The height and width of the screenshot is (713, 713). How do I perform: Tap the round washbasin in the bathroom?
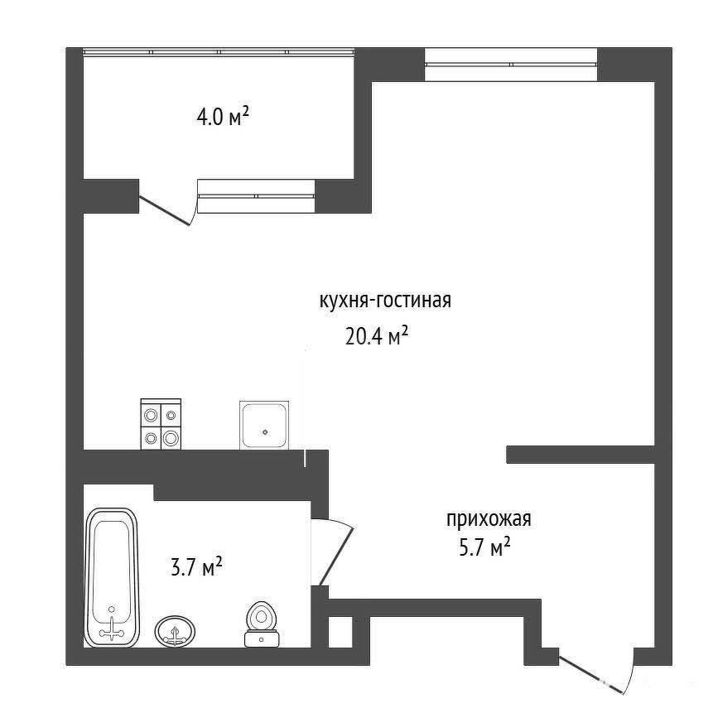pos(175,631)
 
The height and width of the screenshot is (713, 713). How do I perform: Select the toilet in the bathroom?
pos(262,624)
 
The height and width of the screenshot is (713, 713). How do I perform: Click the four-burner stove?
pos(161,424)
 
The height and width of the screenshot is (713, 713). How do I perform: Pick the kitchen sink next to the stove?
pos(264,425)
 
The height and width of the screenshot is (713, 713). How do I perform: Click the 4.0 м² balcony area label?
pos(223,117)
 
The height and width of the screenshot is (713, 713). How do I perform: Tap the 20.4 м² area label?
pos(377,337)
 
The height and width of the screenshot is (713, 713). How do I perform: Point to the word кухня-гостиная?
pos(385,301)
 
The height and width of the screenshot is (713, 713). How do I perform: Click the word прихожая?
pos(489,519)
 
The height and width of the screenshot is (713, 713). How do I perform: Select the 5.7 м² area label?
pos(484,547)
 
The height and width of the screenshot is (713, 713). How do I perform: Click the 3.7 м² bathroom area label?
pos(196,567)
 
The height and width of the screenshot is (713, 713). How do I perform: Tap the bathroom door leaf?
pos(336,556)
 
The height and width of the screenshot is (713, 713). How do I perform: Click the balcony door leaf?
pos(164,210)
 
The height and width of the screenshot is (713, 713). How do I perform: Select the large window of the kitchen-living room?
pos(511,65)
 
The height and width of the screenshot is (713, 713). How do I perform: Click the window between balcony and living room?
pos(257,196)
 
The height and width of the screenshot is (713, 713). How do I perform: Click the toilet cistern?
pos(262,638)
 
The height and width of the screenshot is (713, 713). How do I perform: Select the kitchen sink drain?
pos(265,432)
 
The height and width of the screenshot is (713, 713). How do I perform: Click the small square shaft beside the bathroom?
pos(340,632)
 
